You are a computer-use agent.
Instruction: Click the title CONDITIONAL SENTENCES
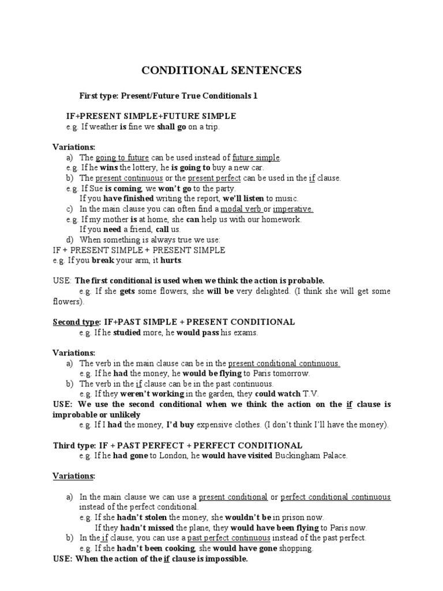[x=222, y=71]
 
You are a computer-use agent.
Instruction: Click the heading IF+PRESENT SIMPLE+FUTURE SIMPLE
[x=151, y=116]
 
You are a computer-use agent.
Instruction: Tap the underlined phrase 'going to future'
[x=122, y=157]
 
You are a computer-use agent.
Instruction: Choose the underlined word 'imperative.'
[x=293, y=209]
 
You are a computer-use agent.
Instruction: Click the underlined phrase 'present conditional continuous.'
[x=284, y=364]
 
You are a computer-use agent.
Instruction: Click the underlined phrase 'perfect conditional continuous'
[x=335, y=497]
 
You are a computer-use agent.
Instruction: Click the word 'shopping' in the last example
[x=296, y=548]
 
